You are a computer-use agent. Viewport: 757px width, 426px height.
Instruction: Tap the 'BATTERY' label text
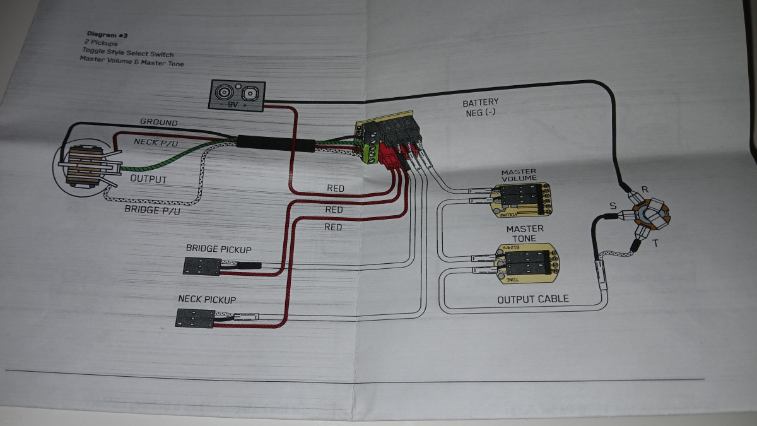click(481, 102)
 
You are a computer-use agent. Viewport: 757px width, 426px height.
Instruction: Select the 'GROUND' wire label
click(158, 122)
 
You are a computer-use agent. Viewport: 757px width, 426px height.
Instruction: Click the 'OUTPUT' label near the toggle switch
click(148, 179)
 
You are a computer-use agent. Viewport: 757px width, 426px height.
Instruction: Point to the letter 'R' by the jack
click(645, 189)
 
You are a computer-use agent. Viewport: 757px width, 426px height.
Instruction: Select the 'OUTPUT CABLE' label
click(533, 299)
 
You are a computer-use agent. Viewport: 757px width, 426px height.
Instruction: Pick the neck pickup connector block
click(194, 317)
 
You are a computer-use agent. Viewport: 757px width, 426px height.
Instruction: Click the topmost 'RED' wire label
click(335, 188)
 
